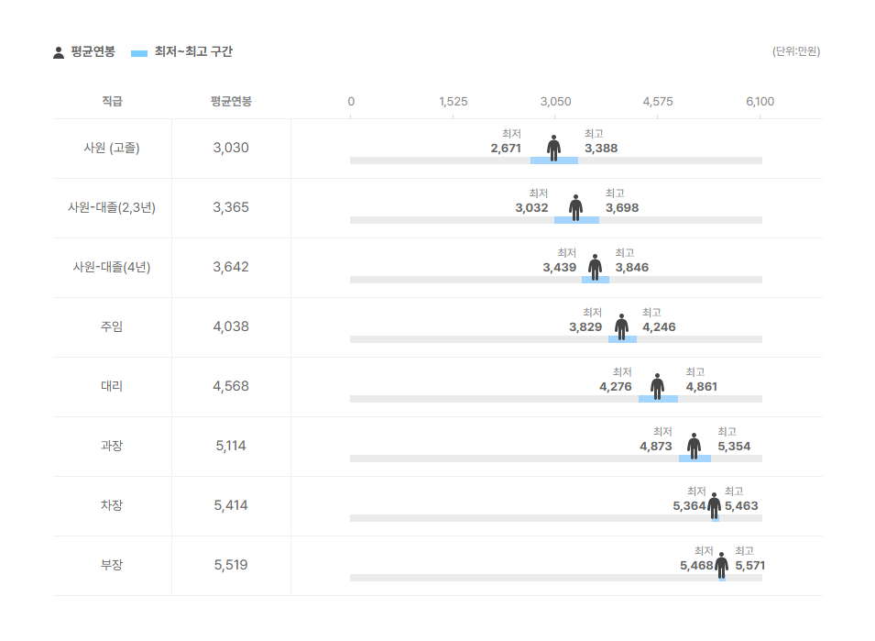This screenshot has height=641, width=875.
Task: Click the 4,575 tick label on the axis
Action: [x=658, y=102]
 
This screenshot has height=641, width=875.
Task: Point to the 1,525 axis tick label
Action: [x=454, y=102]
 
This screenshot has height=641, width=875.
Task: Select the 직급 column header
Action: [x=112, y=102]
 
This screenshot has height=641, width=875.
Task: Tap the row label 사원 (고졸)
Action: [x=112, y=148]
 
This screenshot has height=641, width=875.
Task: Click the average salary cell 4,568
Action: [x=231, y=386]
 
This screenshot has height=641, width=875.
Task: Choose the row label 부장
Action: [x=112, y=565]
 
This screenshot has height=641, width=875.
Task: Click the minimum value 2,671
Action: [x=506, y=149]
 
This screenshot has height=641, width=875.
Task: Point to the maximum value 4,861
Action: [x=702, y=387]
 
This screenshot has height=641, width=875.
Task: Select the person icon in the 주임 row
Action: [x=621, y=326]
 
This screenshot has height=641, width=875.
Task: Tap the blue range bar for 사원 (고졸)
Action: [x=554, y=160]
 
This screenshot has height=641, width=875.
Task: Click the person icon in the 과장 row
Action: [x=694, y=446]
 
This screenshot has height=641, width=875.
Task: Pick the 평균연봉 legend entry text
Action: [x=93, y=52]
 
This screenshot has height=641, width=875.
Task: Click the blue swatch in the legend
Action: [x=139, y=53]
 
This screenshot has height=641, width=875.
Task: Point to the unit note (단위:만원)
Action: [x=796, y=51]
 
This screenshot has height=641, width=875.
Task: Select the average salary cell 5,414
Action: [x=231, y=505]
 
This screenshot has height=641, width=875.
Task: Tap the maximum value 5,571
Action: [x=749, y=566]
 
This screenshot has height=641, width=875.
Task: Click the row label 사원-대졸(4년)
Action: [x=112, y=267]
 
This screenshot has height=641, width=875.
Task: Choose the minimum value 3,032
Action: [x=531, y=208]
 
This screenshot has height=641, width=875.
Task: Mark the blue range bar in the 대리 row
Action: [x=658, y=399]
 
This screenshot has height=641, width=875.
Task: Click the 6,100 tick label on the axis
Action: [x=760, y=102]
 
